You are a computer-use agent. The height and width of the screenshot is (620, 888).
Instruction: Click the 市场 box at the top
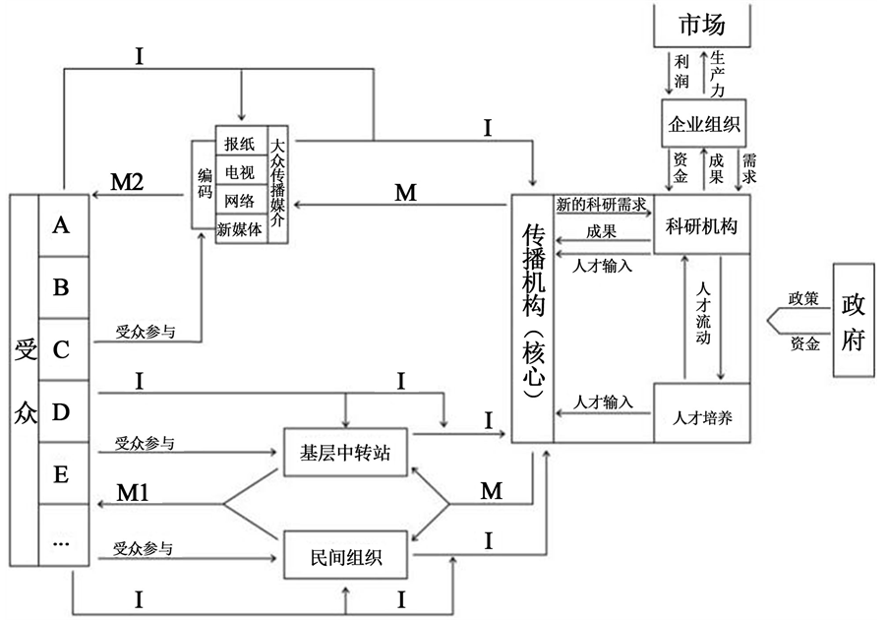click(x=702, y=25)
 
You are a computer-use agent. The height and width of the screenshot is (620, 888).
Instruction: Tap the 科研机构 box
click(x=702, y=225)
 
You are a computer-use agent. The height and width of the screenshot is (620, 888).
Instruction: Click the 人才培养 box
click(x=702, y=412)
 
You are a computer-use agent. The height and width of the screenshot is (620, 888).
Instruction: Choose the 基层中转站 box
click(x=345, y=454)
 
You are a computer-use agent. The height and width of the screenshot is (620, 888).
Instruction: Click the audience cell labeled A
click(x=61, y=225)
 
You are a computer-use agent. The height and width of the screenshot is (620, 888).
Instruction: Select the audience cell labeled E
click(x=61, y=473)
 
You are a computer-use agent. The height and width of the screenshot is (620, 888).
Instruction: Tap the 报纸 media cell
click(x=239, y=144)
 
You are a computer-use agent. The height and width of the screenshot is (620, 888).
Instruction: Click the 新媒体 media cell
click(x=240, y=228)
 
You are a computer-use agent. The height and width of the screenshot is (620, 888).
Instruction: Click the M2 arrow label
click(x=128, y=183)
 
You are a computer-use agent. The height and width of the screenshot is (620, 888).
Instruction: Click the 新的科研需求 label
click(x=601, y=204)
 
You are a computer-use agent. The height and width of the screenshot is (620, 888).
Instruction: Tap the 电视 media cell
click(x=239, y=172)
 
